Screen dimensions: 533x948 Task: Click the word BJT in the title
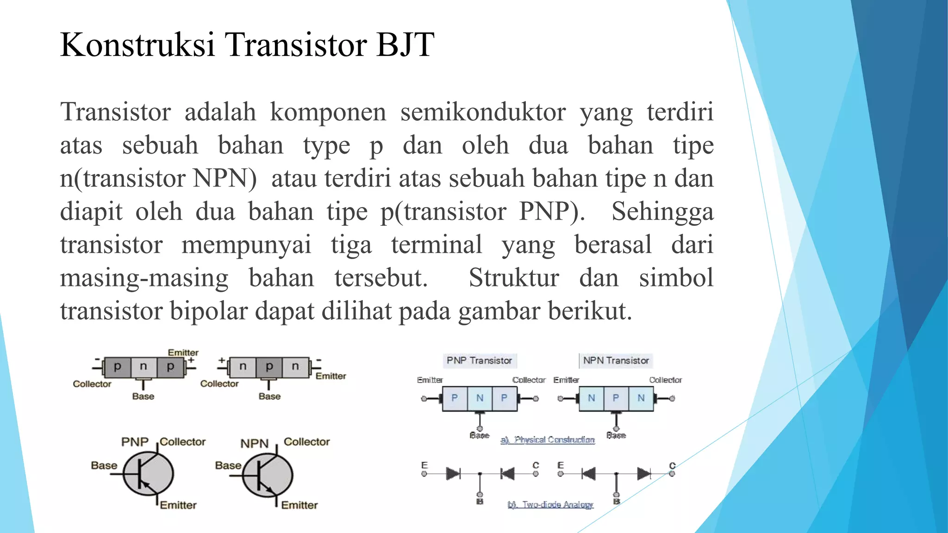(x=405, y=45)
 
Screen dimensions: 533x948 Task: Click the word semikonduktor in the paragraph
(x=483, y=112)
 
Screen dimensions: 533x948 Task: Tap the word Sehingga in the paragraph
(x=662, y=212)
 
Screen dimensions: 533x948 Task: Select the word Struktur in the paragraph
(x=514, y=278)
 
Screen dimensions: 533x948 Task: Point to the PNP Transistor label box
(x=479, y=360)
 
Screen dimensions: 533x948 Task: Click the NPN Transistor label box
(x=616, y=360)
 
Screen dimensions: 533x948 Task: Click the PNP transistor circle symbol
(x=148, y=474)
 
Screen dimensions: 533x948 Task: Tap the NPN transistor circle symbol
(x=268, y=475)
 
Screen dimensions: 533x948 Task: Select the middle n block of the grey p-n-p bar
(x=143, y=367)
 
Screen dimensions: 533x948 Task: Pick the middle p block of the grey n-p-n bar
(x=269, y=367)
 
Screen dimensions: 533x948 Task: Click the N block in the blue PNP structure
(x=480, y=398)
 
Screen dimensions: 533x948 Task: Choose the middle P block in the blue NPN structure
(x=616, y=398)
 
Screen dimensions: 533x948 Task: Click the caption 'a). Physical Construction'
(x=548, y=440)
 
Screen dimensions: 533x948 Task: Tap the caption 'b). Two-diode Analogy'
(x=550, y=504)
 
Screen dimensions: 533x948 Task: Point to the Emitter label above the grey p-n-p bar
(x=183, y=353)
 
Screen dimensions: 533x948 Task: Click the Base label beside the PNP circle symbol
(x=104, y=465)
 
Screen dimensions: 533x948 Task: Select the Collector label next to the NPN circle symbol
(x=306, y=442)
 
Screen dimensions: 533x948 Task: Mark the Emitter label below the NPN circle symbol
(x=299, y=505)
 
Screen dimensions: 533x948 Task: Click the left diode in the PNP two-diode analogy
(x=453, y=474)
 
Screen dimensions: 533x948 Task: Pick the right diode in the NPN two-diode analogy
(x=643, y=474)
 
